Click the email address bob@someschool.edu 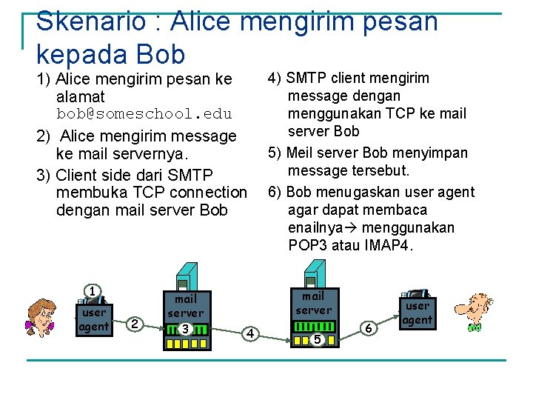144,114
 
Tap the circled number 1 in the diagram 91,291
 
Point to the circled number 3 186,328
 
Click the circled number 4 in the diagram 251,333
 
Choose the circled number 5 316,339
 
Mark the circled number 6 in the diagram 369,327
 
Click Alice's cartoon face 41,317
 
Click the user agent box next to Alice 93,319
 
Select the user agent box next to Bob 418,313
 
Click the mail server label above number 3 185,306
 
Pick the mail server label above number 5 313,303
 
